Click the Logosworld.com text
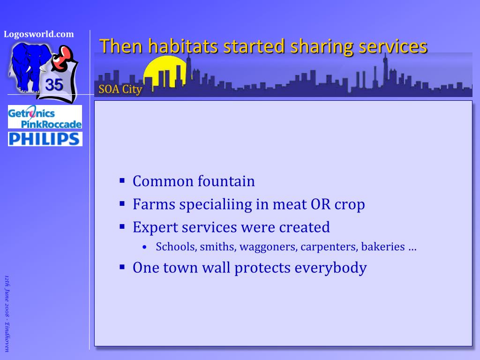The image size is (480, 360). [39, 34]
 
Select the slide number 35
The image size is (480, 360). [54, 85]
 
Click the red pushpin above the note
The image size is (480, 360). [63, 58]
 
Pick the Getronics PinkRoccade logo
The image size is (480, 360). [45, 117]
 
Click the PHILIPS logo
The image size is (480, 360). [45, 139]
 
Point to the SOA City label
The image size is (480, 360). [120, 90]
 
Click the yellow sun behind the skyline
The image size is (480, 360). [165, 71]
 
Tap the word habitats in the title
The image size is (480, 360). [183, 46]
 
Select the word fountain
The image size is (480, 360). [226, 181]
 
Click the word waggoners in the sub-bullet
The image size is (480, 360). [268, 247]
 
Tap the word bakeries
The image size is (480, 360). [383, 247]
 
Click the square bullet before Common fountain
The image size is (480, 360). [122, 180]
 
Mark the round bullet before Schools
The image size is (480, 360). [145, 247]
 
